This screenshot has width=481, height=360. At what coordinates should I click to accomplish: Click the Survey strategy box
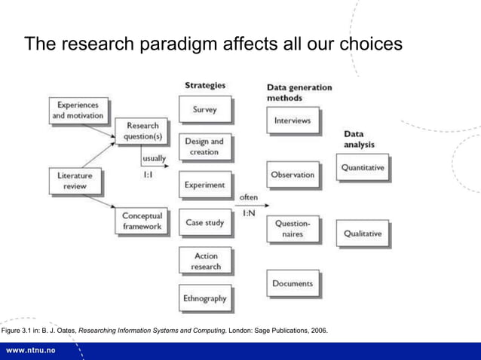coord(204,110)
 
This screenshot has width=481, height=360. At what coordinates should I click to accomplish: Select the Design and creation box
coord(204,147)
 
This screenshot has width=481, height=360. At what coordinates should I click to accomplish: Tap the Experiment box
coord(204,185)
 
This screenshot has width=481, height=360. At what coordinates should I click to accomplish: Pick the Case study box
coord(204,223)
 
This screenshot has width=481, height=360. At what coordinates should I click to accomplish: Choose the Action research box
coord(204,261)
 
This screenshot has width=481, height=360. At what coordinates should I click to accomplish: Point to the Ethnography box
coord(204,298)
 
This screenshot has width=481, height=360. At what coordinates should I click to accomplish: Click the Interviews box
coord(292,121)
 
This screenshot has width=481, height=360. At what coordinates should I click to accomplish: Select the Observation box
coord(292,174)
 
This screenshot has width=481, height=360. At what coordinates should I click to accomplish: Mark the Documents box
coord(292,283)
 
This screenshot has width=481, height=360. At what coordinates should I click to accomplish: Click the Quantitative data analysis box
coord(363,168)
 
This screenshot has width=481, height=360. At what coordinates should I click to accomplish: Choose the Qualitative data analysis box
coord(363,233)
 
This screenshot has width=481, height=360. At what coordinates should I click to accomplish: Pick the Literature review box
coord(75,180)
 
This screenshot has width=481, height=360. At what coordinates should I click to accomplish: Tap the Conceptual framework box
coord(142,221)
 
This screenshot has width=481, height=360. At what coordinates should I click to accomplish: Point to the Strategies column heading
coord(204,85)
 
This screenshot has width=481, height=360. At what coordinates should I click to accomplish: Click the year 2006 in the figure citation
coord(318,330)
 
